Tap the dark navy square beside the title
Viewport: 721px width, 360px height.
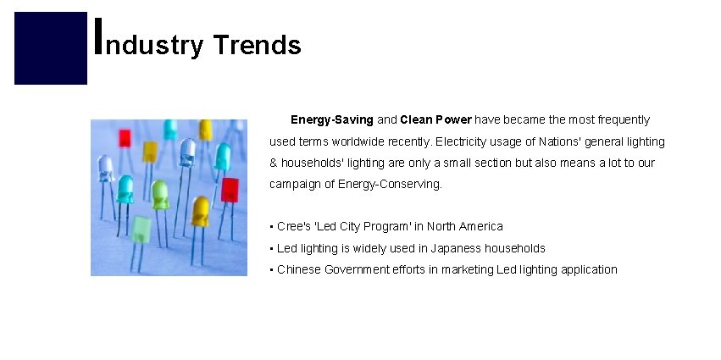pyautogui.click(x=51, y=48)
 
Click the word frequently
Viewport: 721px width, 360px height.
pyautogui.click(x=613, y=120)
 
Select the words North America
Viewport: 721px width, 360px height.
pyautogui.click(x=464, y=226)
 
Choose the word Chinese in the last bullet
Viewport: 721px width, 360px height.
pyautogui.click(x=298, y=269)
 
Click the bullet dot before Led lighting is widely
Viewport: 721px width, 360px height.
pyautogui.click(x=271, y=248)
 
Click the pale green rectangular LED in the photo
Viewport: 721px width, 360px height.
pyautogui.click(x=141, y=229)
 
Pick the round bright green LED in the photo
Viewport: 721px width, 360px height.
pyautogui.click(x=160, y=194)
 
